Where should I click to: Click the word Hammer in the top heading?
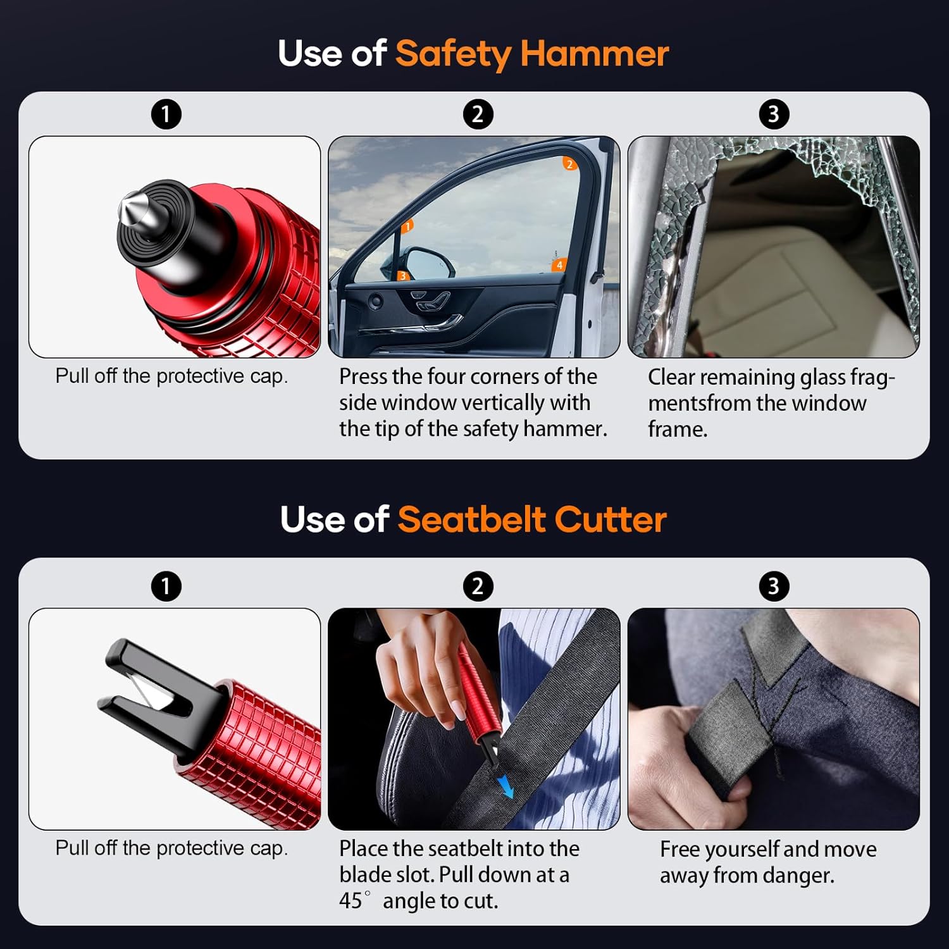[594, 54]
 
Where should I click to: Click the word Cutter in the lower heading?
[611, 519]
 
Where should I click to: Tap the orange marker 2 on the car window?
[569, 164]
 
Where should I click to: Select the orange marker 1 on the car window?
[408, 226]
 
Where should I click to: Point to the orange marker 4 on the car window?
[559, 265]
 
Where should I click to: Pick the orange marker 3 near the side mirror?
[402, 276]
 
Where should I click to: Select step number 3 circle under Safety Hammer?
[773, 115]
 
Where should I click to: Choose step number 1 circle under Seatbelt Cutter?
[166, 586]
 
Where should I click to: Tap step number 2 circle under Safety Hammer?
[478, 115]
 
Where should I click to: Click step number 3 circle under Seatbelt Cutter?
[773, 586]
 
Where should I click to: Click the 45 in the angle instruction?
[351, 900]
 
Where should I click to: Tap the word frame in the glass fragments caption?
[678, 430]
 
